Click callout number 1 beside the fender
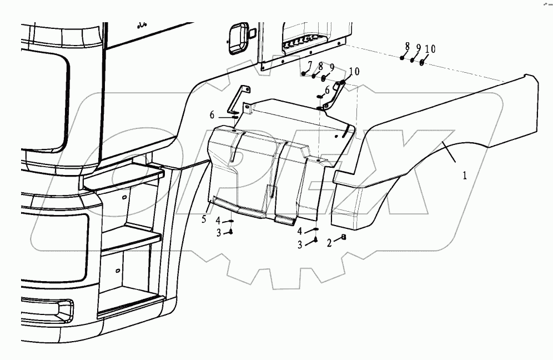[465, 175]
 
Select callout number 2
[329, 242]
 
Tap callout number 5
[204, 219]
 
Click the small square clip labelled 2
[344, 238]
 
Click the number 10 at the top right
[430, 49]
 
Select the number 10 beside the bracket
[354, 71]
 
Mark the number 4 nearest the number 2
[300, 231]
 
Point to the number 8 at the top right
[407, 47]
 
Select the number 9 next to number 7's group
[331, 67]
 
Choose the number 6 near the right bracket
[327, 89]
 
